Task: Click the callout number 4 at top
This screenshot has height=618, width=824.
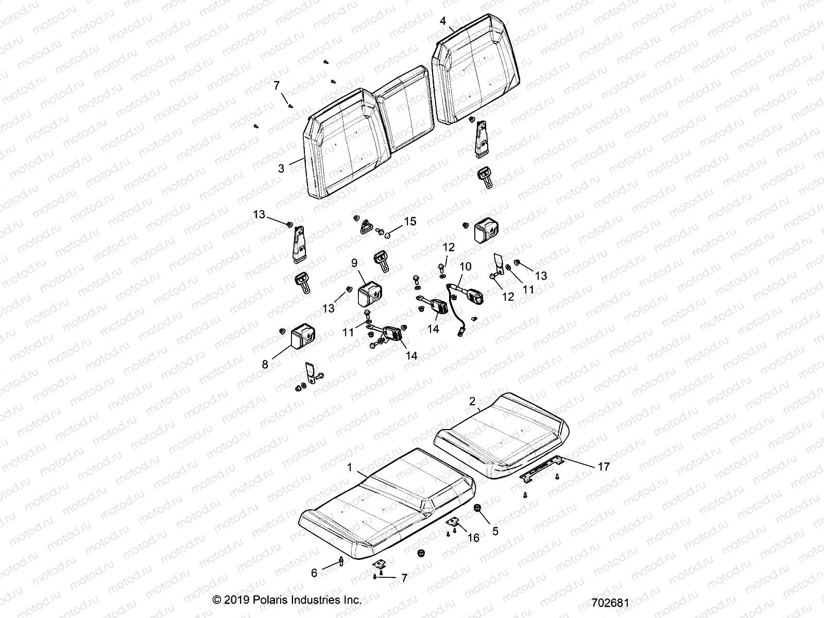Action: click(x=443, y=21)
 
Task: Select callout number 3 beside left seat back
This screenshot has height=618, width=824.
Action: click(x=281, y=168)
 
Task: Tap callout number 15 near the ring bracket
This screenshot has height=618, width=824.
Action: click(x=410, y=221)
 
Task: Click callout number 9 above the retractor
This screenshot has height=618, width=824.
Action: click(x=354, y=263)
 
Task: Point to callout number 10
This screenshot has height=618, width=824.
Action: click(x=465, y=266)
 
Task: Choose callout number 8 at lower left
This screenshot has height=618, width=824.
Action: click(x=265, y=365)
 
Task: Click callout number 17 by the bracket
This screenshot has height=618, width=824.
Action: click(x=603, y=467)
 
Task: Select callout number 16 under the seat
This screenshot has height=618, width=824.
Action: click(x=473, y=538)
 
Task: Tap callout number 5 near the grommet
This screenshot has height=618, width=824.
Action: click(x=495, y=531)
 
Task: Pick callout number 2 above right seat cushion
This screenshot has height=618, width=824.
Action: click(x=472, y=400)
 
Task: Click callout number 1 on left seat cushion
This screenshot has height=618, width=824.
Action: click(x=350, y=468)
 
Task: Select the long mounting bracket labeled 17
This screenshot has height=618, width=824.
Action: click(x=541, y=469)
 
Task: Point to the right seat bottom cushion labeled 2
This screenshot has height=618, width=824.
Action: click(x=502, y=433)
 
